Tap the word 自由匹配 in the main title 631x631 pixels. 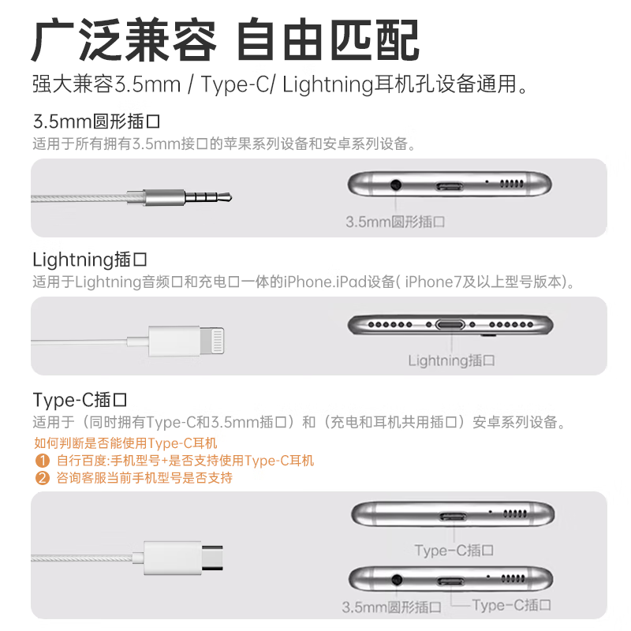click(x=328, y=39)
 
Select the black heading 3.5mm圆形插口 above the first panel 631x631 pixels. click(x=96, y=123)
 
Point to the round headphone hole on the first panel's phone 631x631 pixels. click(x=395, y=185)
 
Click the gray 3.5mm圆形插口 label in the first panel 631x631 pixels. click(x=395, y=222)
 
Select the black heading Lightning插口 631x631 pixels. click(x=90, y=259)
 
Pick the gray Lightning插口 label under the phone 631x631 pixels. click(x=451, y=360)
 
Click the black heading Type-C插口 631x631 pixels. click(x=80, y=399)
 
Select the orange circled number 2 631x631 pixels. click(x=42, y=478)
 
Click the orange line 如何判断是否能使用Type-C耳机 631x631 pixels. click(x=125, y=443)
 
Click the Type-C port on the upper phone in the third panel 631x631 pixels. click(x=454, y=517)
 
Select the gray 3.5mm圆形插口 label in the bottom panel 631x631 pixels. click(x=391, y=607)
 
